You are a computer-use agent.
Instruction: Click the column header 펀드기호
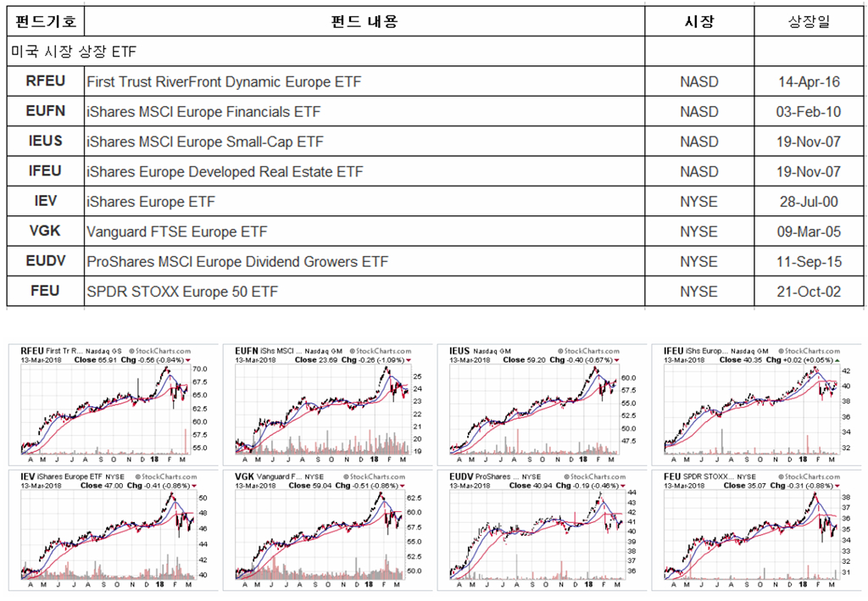(46, 22)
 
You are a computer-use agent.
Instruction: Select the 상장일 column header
(809, 22)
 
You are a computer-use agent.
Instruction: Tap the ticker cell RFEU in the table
(46, 82)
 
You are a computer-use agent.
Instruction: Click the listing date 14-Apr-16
(809, 82)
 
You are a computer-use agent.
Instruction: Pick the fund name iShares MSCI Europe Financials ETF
(203, 112)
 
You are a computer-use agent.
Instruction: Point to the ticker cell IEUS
(46, 142)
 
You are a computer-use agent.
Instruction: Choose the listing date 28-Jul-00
(809, 202)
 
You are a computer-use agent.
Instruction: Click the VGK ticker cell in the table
(46, 231)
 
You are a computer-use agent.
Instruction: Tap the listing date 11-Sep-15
(809, 262)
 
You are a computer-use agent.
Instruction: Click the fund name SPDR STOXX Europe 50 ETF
(182, 292)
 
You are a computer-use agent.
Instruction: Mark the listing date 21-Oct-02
(809, 292)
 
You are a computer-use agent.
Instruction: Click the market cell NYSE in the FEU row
(698, 292)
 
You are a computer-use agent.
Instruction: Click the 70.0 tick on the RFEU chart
(200, 370)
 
